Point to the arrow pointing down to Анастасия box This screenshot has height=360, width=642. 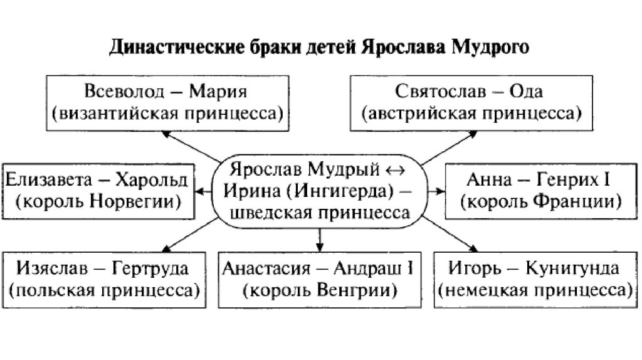coord(320,236)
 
